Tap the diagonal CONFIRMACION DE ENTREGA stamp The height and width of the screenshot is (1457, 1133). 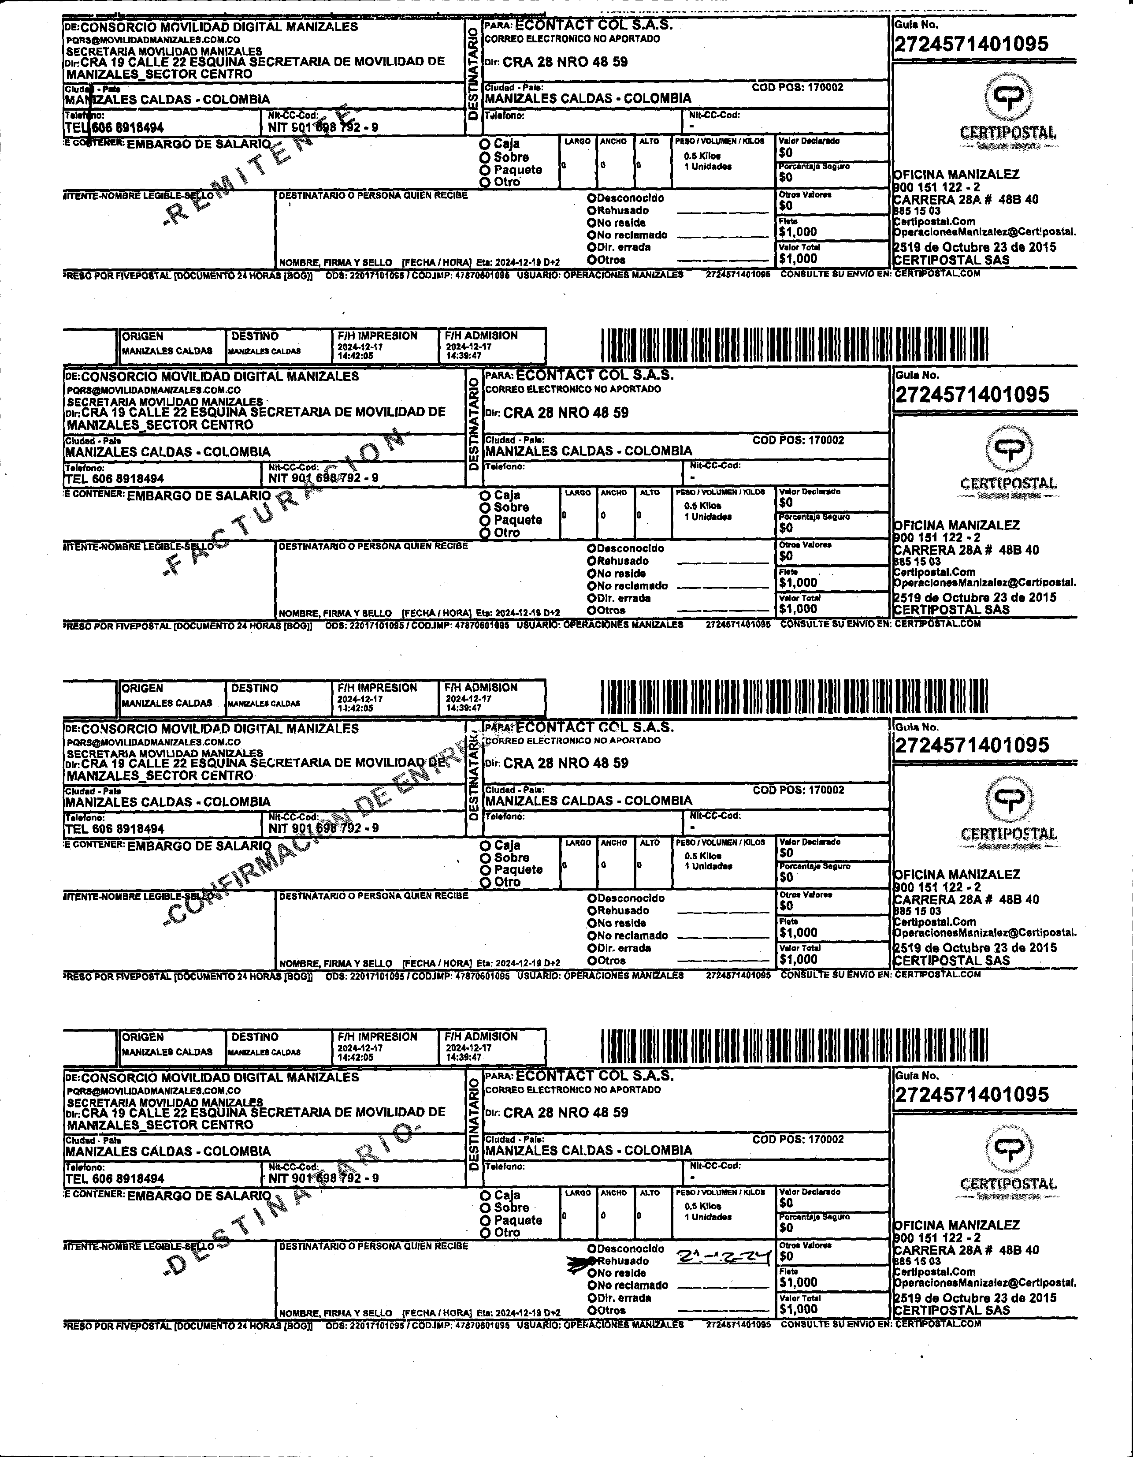click(320, 827)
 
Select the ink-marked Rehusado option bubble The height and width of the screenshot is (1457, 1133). click(591, 1261)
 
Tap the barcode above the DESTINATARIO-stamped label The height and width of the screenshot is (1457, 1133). click(794, 1045)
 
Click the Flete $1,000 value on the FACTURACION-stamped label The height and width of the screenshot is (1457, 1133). click(798, 582)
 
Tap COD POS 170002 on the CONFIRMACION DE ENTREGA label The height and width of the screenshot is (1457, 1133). click(798, 790)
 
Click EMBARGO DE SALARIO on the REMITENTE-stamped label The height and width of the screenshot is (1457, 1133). click(198, 143)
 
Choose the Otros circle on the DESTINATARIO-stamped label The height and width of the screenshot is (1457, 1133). click(591, 1310)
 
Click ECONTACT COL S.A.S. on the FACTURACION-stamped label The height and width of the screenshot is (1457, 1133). click(594, 375)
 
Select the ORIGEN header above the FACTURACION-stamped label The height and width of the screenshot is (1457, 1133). click(143, 337)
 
